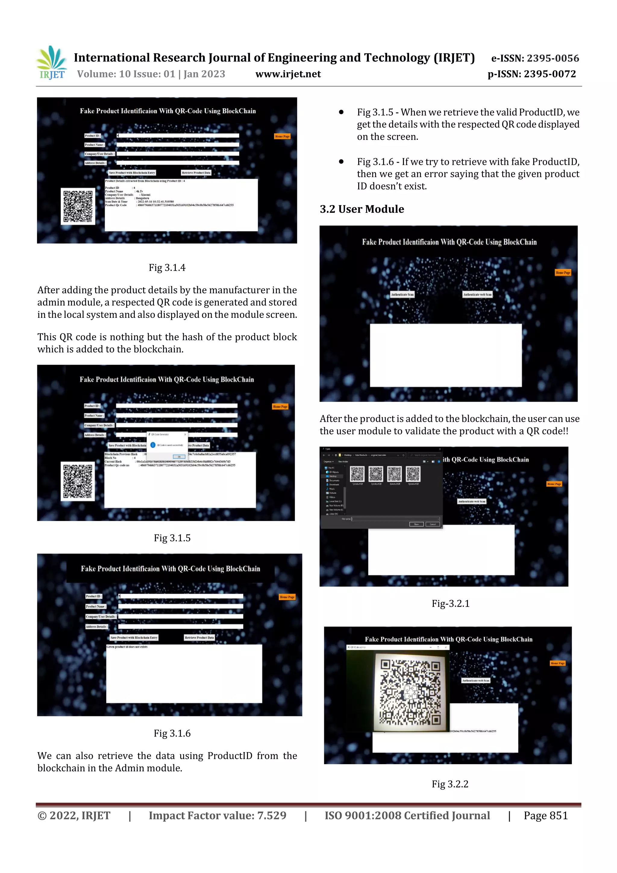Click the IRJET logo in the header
click(x=51, y=63)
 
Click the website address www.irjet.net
click(x=288, y=74)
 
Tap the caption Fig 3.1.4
click(x=167, y=268)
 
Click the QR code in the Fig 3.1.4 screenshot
click(x=78, y=206)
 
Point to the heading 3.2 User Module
click(x=362, y=209)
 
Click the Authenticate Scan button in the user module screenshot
click(x=402, y=294)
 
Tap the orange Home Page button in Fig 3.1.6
click(x=287, y=597)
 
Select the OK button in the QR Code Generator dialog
click(x=179, y=457)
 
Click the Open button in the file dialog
click(x=416, y=524)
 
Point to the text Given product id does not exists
click(x=127, y=647)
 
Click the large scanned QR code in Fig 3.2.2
click(x=410, y=692)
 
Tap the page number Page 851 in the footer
click(x=546, y=815)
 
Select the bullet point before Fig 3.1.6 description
click(x=341, y=162)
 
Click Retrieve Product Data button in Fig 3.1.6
click(x=199, y=638)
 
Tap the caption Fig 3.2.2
click(x=450, y=784)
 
